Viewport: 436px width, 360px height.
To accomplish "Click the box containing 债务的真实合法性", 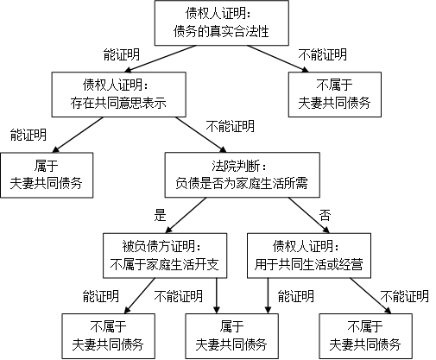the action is [x=222, y=22].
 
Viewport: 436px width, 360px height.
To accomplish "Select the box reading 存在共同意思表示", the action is [x=118, y=94].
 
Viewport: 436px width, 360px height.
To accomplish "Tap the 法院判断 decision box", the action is [x=242, y=175].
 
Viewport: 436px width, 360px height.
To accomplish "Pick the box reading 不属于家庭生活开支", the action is [x=165, y=256].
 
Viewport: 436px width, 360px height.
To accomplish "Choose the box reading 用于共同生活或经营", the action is [x=309, y=256].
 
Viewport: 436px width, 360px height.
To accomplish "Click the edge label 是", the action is [x=160, y=215].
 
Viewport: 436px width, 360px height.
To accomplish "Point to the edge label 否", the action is [x=325, y=215].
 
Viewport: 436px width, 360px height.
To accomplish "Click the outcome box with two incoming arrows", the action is [x=231, y=336].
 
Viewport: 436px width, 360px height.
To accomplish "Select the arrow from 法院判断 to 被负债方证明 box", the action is [x=186, y=215].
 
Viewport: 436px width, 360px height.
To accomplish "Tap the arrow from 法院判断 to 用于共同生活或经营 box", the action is [x=309, y=215].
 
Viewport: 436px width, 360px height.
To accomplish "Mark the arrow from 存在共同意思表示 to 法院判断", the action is [x=201, y=135].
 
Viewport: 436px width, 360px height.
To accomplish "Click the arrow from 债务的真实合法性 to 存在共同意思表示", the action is [x=161, y=59].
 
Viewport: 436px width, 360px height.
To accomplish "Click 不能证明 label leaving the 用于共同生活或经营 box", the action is [x=404, y=296].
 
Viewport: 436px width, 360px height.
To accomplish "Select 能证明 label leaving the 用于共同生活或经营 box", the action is [x=296, y=296].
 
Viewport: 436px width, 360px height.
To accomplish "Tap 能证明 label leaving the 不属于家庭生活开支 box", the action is [x=101, y=296].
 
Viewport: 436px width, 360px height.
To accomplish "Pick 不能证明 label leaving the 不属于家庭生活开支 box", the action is [x=179, y=296].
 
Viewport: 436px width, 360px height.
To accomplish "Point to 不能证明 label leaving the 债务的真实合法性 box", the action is [x=323, y=54].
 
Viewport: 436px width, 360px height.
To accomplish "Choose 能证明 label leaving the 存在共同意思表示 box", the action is [x=28, y=135].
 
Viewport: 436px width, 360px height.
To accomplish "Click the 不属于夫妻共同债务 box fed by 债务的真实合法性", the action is [x=335, y=94].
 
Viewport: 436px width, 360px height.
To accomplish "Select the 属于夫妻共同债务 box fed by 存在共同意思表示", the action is [x=47, y=175].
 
